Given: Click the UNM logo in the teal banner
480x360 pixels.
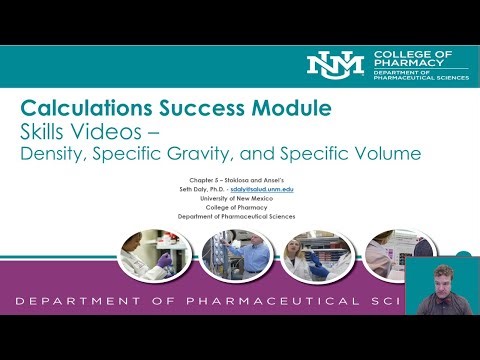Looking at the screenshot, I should coord(336,64).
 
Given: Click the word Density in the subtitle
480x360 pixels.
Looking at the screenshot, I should coord(56,155).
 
